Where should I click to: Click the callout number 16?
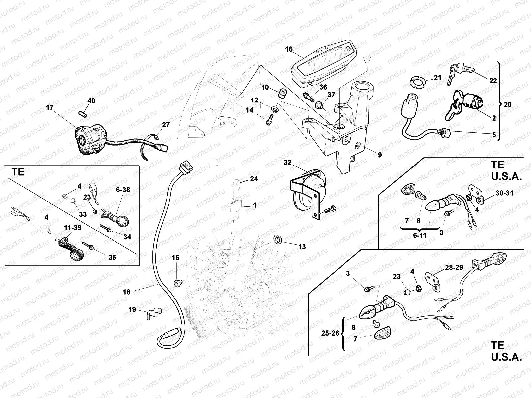289,49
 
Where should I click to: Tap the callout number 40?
91,100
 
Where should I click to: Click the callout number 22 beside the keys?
493,81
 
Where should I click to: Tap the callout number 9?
380,155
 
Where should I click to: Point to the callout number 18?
127,292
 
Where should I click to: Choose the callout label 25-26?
330,333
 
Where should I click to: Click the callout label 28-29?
454,268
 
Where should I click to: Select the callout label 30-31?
504,193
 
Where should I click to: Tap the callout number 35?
112,258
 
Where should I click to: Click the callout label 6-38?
123,190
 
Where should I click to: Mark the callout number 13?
302,247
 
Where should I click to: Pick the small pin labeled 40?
83,114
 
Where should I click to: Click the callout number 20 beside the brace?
508,104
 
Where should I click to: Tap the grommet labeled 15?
178,283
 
